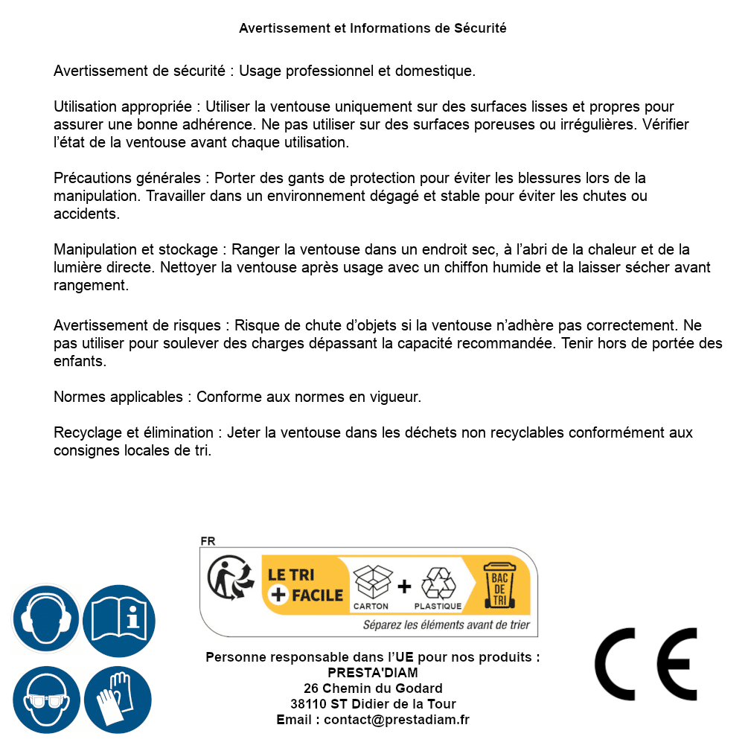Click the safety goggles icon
pyautogui.click(x=45, y=700)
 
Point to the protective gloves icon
pyautogui.click(x=118, y=700)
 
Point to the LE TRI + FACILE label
pyautogui.click(x=305, y=585)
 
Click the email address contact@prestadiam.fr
pyautogui.click(x=397, y=720)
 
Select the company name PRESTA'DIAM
pyautogui.click(x=373, y=673)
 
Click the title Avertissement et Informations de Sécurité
pyautogui.click(x=373, y=28)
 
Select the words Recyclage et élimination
pyautogui.click(x=135, y=432)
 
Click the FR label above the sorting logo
pyautogui.click(x=208, y=541)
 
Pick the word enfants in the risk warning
pyautogui.click(x=80, y=362)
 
